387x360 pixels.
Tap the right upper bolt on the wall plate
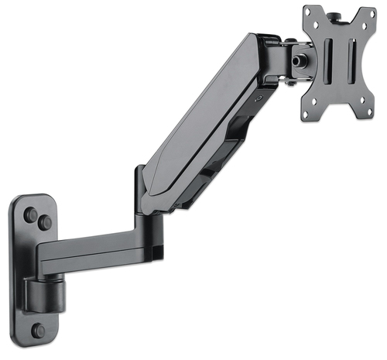pyautogui.click(x=46, y=224)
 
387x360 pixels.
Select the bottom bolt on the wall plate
pyautogui.click(x=39, y=331)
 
